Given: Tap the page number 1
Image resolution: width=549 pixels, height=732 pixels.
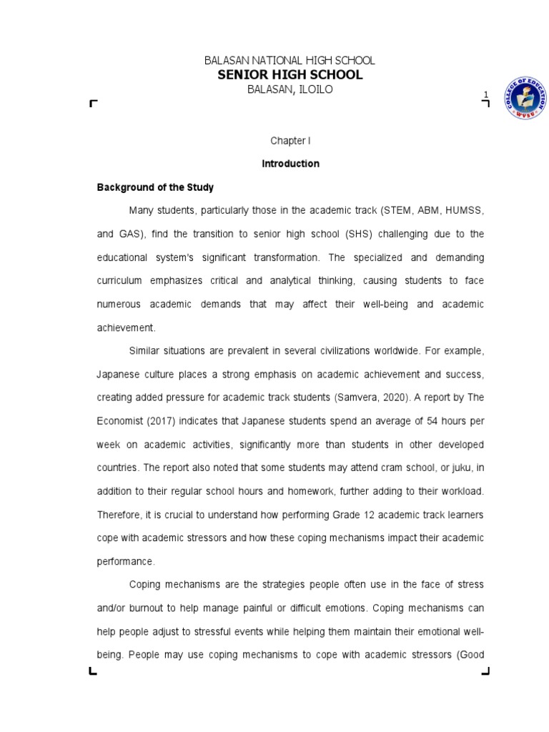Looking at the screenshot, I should point(485,94).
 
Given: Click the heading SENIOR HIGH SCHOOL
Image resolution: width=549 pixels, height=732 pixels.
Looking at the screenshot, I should point(295,75).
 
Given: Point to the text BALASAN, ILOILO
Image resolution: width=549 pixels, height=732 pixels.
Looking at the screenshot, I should point(290,89).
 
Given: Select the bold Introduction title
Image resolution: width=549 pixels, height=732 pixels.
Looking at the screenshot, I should point(290,164).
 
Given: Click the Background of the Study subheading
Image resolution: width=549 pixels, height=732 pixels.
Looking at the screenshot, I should point(155,187).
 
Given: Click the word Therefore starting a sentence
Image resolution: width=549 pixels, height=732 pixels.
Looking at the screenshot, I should point(118,514).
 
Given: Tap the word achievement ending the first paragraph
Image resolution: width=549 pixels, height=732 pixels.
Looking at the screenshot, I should point(125,327).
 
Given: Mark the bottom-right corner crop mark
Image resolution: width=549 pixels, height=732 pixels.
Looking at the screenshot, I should point(485,671).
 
